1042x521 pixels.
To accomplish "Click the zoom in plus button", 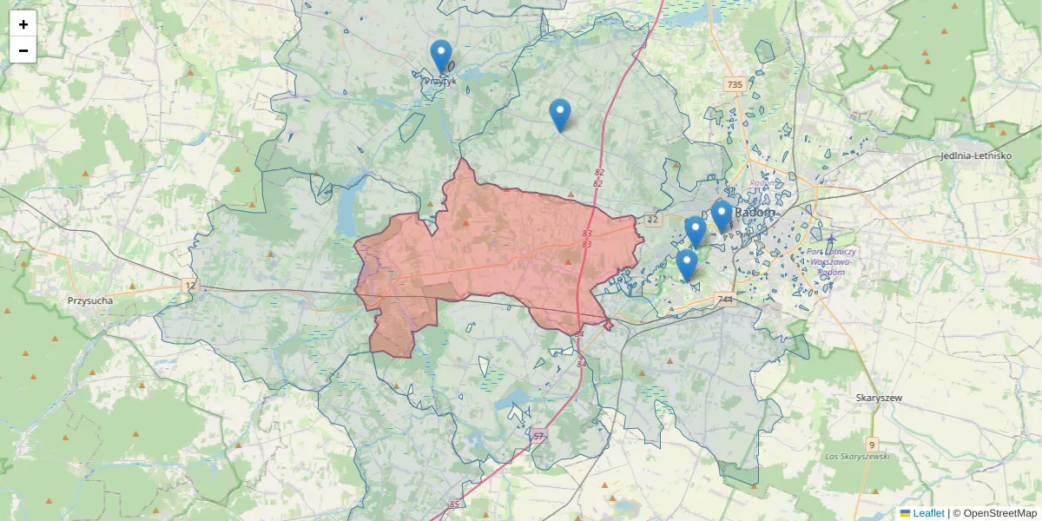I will pyautogui.click(x=23, y=24).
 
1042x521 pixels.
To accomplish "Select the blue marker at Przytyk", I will pyautogui.click(x=441, y=56).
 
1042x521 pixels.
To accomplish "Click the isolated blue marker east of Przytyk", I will pyautogui.click(x=560, y=115).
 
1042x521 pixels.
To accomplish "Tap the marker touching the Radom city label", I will pyautogui.click(x=721, y=216).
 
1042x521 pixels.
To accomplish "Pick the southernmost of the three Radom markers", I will pyautogui.click(x=687, y=265).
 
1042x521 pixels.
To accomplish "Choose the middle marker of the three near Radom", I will pyautogui.click(x=695, y=232).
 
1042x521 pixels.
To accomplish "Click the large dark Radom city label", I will pyautogui.click(x=755, y=213).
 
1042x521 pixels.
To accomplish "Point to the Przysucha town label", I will pyautogui.click(x=90, y=301).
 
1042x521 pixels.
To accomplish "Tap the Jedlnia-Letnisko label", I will pyautogui.click(x=976, y=156).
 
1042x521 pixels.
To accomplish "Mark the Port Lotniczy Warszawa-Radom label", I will pyautogui.click(x=832, y=261).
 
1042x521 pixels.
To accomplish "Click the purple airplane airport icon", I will pyautogui.click(x=831, y=239).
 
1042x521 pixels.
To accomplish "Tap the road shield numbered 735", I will pyautogui.click(x=735, y=84).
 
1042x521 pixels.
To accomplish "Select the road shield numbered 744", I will pyautogui.click(x=726, y=300).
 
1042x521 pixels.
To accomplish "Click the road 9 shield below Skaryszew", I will pyautogui.click(x=873, y=444).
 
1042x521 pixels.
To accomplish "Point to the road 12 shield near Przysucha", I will pyautogui.click(x=190, y=285).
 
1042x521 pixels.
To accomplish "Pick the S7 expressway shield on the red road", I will pyautogui.click(x=539, y=435).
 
